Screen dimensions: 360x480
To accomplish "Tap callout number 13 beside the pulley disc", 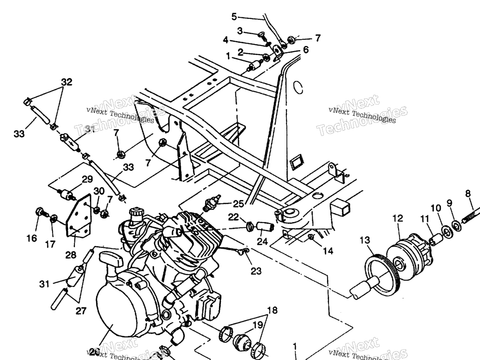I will click(x=365, y=240).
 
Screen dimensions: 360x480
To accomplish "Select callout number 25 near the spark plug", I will click(x=239, y=204).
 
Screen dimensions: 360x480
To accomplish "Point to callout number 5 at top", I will click(x=234, y=17).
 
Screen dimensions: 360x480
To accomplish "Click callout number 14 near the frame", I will click(x=328, y=251).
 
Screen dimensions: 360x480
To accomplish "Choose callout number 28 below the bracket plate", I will click(x=71, y=255).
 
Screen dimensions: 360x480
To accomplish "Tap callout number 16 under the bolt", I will click(x=31, y=238).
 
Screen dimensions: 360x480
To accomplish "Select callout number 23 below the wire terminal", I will click(x=256, y=270).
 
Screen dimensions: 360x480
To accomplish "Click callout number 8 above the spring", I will click(x=468, y=193).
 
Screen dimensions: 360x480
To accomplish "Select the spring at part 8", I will click(x=470, y=215).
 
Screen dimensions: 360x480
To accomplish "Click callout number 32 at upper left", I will click(x=67, y=82).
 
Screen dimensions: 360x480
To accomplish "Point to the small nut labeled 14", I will click(x=311, y=237).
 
